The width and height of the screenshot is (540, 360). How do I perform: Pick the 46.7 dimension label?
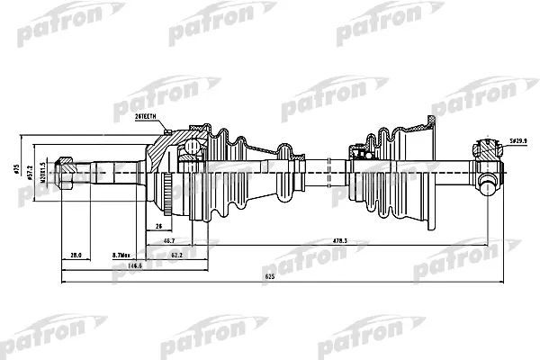point(170,241)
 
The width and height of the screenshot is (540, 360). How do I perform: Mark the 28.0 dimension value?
point(76,255)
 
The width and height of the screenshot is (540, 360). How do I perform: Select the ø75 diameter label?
point(19,168)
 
